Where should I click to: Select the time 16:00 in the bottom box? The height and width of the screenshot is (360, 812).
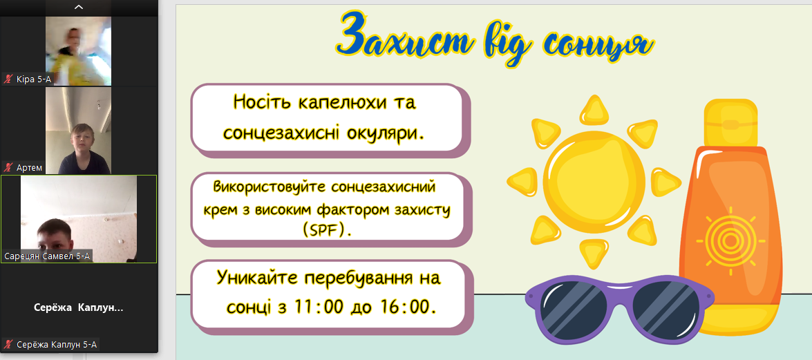point(408,307)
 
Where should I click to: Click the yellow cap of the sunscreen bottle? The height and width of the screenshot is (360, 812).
point(730,123)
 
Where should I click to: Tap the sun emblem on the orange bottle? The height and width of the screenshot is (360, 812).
point(730,240)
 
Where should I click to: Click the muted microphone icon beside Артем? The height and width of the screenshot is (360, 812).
point(8,168)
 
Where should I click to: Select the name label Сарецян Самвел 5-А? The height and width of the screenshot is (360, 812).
point(47,256)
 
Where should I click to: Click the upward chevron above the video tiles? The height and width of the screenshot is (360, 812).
point(79,7)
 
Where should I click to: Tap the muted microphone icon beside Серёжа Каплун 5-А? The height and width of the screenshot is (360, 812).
point(8,344)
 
